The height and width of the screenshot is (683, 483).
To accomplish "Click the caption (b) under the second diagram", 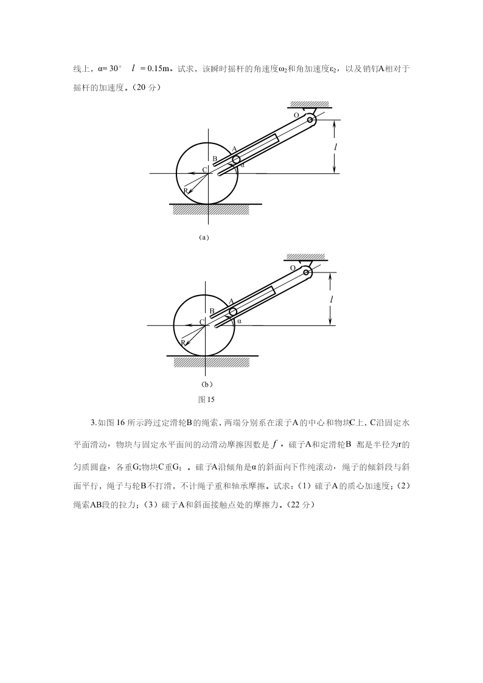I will tap(206, 384).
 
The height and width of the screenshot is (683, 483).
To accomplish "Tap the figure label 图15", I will tap(207, 400).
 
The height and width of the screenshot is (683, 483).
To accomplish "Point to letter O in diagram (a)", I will tap(296, 114).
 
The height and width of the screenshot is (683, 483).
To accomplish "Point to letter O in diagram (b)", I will tap(293, 268).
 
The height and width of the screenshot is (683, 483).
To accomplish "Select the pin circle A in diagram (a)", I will tap(236, 158).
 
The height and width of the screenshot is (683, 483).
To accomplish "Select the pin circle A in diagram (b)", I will tap(233, 311).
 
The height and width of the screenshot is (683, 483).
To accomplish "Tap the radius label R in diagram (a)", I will tap(186, 190).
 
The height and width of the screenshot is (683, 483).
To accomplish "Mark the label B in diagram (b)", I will tap(212, 311).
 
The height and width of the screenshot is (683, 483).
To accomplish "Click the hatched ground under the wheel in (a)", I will tap(210, 209).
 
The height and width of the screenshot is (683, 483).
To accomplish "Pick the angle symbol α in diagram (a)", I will tap(242, 164).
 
